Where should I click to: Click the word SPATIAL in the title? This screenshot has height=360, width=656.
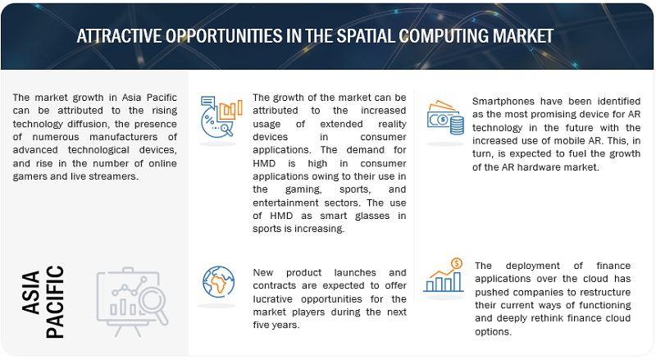366,36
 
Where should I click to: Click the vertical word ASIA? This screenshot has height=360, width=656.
31,292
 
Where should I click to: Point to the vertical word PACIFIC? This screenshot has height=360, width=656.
55,302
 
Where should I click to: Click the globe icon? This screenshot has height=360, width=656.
218,281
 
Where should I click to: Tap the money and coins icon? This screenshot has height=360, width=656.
445,117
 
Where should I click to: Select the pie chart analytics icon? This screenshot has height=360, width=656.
221,116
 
